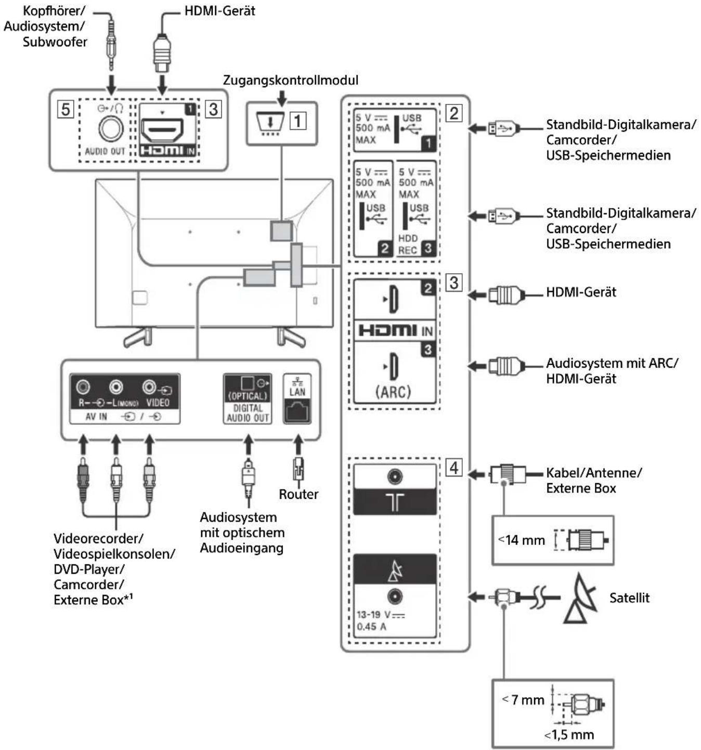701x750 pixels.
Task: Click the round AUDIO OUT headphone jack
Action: pyautogui.click(x=111, y=129)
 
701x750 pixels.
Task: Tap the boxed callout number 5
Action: pyautogui.click(x=65, y=110)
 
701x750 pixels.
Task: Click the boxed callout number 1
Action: pyautogui.click(x=297, y=121)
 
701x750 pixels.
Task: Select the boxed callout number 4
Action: pyautogui.click(x=453, y=468)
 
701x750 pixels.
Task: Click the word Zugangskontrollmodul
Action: pyautogui.click(x=291, y=80)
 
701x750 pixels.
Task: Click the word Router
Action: pyautogui.click(x=298, y=494)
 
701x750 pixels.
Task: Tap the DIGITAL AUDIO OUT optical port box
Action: pyautogui.click(x=248, y=399)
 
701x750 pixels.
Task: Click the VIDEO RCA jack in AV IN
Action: pyautogui.click(x=150, y=387)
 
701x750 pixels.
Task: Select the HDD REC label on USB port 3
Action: pyautogui.click(x=408, y=244)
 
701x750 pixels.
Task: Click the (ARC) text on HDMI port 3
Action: pyautogui.click(x=393, y=391)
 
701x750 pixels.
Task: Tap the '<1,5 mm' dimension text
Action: pyautogui.click(x=569, y=734)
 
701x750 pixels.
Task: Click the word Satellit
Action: pyautogui.click(x=629, y=598)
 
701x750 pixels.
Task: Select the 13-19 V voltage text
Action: pyautogui.click(x=381, y=614)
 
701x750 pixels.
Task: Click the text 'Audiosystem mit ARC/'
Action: pyautogui.click(x=612, y=363)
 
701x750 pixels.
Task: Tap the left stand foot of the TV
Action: pyautogui.click(x=138, y=337)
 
